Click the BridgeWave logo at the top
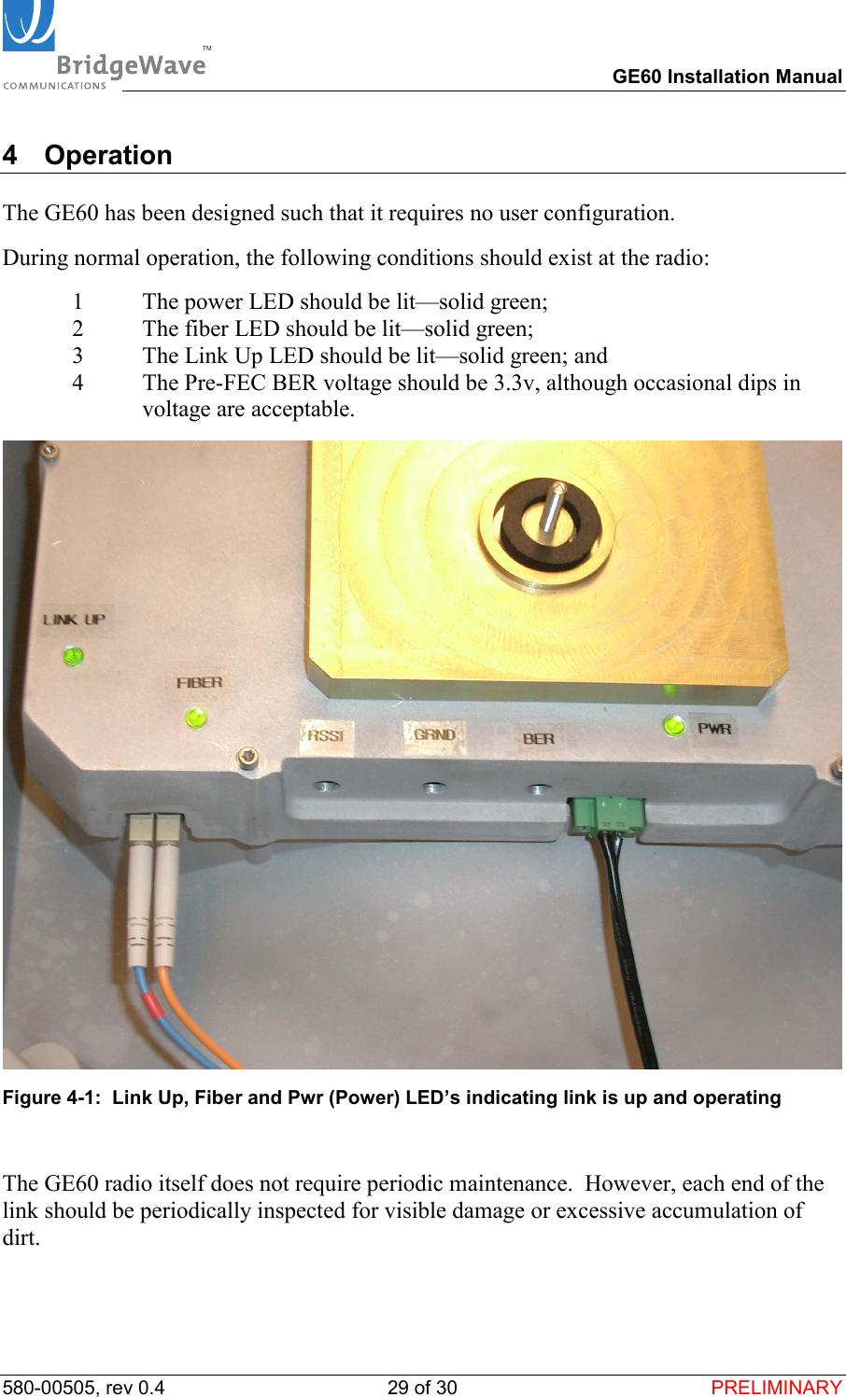pos(105,47)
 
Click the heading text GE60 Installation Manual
pos(726,77)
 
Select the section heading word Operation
pos(108,155)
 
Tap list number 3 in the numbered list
pos(78,356)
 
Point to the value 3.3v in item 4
pos(515,383)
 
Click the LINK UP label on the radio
pos(74,620)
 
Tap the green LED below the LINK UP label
pos(73,657)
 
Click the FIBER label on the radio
pos(199,683)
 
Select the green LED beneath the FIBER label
pos(196,718)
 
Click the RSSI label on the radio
pos(326,735)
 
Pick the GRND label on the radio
pos(434,734)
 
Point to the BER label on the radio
pos(538,739)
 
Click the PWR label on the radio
pos(714,729)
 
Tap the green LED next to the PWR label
pos(674,725)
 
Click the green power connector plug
pos(607,812)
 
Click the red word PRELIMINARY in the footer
pos(776,1388)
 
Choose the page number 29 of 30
pos(422,1388)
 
